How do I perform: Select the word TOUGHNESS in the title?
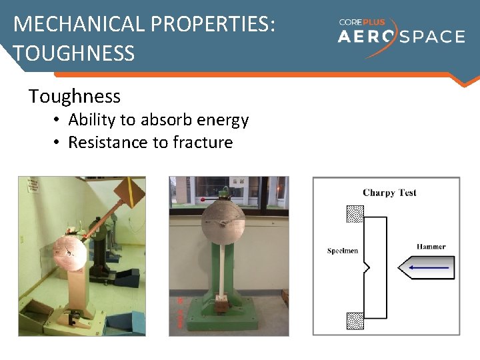click(x=74, y=53)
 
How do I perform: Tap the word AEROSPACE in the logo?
click(x=401, y=37)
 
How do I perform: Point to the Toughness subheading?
click(x=75, y=97)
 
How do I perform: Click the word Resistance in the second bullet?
click(x=107, y=143)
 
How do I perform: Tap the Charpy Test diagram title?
click(x=389, y=193)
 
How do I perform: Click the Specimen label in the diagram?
click(x=343, y=251)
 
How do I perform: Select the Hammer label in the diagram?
click(x=431, y=247)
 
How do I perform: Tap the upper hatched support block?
click(x=355, y=213)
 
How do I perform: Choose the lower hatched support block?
click(x=355, y=321)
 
